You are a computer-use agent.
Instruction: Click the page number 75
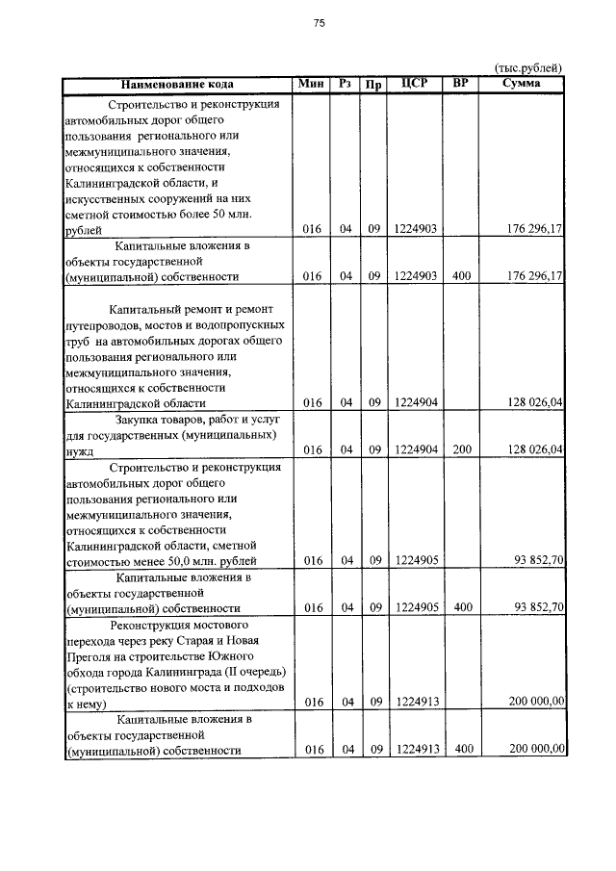pyautogui.click(x=319, y=25)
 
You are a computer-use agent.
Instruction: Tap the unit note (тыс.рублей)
pyautogui.click(x=527, y=68)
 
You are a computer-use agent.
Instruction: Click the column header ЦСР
pyautogui.click(x=414, y=84)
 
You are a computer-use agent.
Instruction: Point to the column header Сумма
pyautogui.click(x=522, y=84)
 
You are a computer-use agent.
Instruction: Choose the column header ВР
pyautogui.click(x=461, y=84)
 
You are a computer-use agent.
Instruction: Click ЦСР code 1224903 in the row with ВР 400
pyautogui.click(x=416, y=276)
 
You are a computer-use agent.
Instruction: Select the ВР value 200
pyautogui.click(x=461, y=449)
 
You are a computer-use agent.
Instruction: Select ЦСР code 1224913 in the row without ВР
pyautogui.click(x=416, y=703)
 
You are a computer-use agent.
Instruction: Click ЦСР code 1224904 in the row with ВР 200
pyautogui.click(x=416, y=449)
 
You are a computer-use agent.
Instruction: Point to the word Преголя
pyautogui.click(x=86, y=655)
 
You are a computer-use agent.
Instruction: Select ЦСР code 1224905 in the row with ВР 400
pyautogui.click(x=416, y=607)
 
